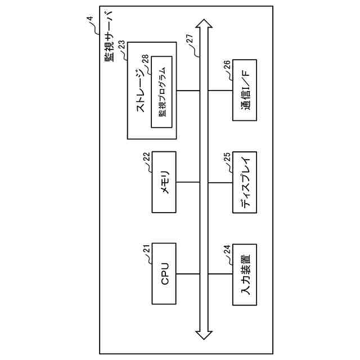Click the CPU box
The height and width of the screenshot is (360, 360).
(164, 273)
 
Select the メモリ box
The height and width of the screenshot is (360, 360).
(164, 182)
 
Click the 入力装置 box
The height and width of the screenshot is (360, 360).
(245, 273)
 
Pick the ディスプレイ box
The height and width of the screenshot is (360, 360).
(245, 182)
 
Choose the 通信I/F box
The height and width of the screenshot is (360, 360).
(245, 91)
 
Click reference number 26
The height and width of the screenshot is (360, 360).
(227, 65)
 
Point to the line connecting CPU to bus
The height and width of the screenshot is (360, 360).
(188, 273)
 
